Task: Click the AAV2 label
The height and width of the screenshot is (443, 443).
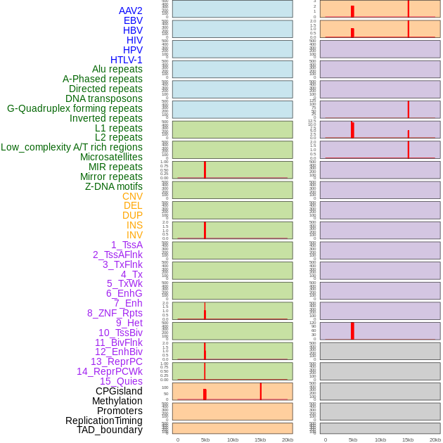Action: (130, 11)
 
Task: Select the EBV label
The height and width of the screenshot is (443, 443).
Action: (133, 20)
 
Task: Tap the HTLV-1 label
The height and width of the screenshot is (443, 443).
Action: (126, 60)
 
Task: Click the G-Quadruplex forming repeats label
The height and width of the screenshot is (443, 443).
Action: (75, 108)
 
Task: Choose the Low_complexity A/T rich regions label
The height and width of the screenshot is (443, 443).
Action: (72, 147)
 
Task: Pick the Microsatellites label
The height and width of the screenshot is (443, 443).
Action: (111, 157)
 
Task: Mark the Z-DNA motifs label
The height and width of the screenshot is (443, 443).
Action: (113, 186)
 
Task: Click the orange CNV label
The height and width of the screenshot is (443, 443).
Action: (132, 196)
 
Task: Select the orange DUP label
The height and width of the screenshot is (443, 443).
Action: (132, 215)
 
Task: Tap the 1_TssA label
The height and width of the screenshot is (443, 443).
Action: (127, 245)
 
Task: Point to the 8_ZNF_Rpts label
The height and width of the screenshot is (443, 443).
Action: (115, 313)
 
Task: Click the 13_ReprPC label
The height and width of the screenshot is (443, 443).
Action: (116, 361)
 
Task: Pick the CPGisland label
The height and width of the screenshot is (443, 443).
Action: (119, 391)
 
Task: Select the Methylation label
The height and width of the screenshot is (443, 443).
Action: (117, 401)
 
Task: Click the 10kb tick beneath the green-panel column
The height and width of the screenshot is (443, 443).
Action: (232, 439)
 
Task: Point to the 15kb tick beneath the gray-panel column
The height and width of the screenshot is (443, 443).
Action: (408, 439)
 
